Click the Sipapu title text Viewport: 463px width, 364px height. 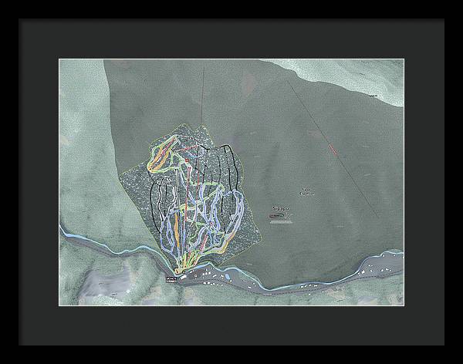(x=282, y=208)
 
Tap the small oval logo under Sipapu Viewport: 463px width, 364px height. (x=280, y=217)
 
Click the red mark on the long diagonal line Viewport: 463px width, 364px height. (x=333, y=149)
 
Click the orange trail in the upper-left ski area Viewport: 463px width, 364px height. (x=161, y=157)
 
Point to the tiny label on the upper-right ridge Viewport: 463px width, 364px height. (x=373, y=95)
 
